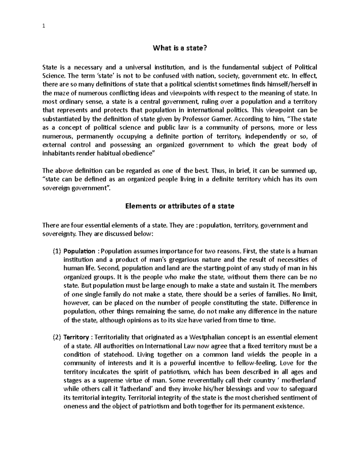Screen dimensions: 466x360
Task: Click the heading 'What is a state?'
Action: pos(180,48)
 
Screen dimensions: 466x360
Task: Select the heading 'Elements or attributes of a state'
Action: pos(180,206)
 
